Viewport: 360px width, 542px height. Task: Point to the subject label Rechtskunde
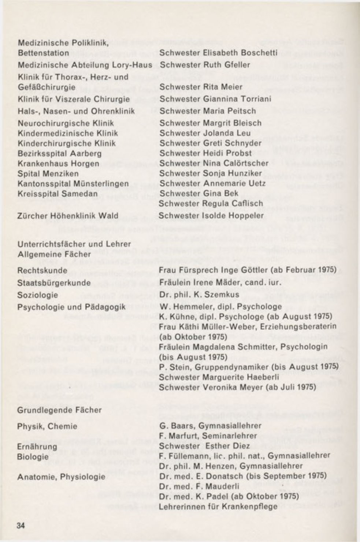42,270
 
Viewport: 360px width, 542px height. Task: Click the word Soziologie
38,295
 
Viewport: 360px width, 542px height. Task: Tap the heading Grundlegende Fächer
59,410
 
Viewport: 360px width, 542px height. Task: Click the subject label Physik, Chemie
47,426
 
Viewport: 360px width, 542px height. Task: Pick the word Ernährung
37,447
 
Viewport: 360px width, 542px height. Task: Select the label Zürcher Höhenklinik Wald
68,216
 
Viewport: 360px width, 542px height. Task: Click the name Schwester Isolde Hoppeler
212,215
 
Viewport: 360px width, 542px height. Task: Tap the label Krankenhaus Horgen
58,164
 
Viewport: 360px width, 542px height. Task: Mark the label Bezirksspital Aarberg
60,153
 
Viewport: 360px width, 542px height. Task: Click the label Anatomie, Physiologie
61,477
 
